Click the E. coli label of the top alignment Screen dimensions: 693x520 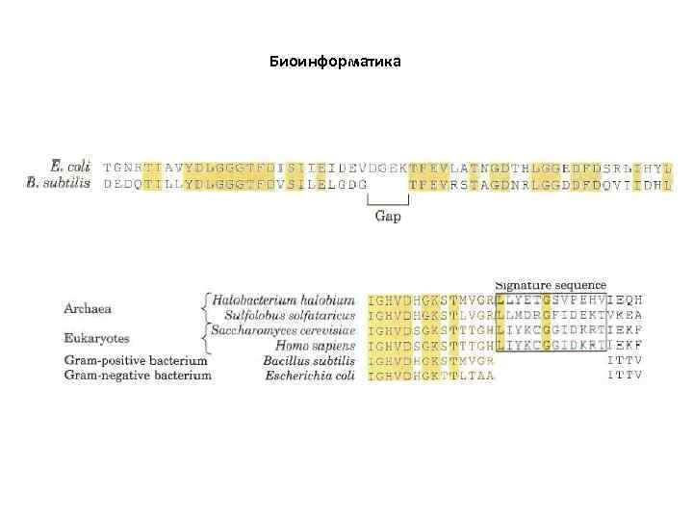point(74,167)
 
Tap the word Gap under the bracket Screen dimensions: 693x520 point(388,217)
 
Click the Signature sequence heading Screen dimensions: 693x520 point(551,284)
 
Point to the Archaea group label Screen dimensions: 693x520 point(88,308)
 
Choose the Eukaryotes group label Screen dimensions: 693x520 point(95,338)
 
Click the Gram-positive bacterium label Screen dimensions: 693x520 point(136,360)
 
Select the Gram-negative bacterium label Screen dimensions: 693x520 point(138,375)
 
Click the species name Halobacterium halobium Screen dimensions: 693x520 point(284,300)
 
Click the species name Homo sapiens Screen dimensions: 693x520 point(315,345)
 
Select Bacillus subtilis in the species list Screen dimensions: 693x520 point(307,359)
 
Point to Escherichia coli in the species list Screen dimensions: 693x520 point(309,375)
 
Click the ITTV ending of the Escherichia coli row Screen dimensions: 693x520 point(624,375)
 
